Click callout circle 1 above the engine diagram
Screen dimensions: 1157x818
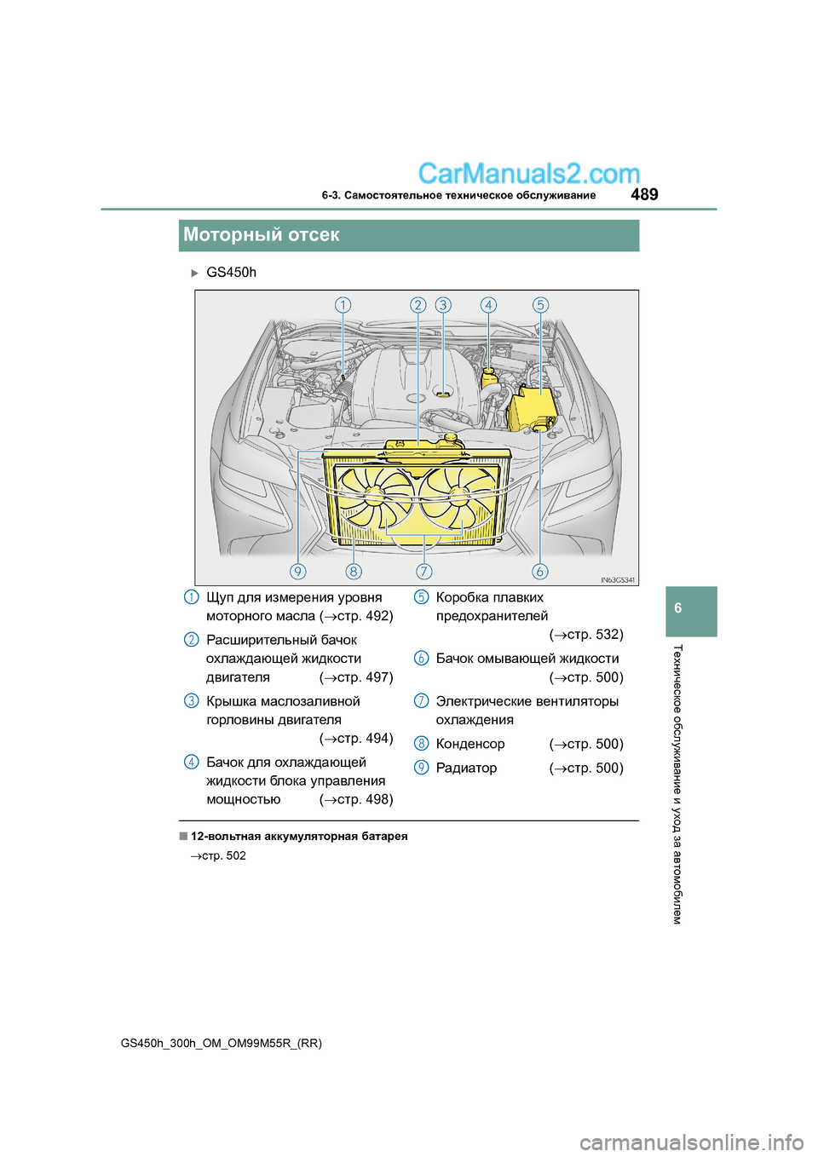pos(343,305)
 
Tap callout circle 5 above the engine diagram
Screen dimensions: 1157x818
pos(540,305)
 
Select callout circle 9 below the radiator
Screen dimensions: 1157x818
pos(297,571)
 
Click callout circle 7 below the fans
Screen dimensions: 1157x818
pos(423,571)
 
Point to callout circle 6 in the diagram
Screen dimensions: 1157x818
pos(539,571)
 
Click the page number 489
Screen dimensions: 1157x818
pos(644,194)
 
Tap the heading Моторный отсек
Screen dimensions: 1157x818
pos(262,235)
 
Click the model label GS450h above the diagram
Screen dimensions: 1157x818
pos(231,273)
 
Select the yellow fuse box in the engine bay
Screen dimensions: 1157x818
pos(532,407)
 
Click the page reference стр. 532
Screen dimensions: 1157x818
pos(594,635)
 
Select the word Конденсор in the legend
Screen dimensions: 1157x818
pos(470,744)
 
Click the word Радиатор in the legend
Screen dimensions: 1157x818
pos(466,768)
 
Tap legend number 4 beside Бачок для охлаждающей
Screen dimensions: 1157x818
pos(192,762)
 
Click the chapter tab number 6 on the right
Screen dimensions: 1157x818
pos(678,608)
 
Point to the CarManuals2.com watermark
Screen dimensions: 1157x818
pos(528,174)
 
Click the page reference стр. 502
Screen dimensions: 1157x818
pos(223,855)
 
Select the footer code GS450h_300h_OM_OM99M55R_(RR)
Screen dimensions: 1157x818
pos(222,1043)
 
